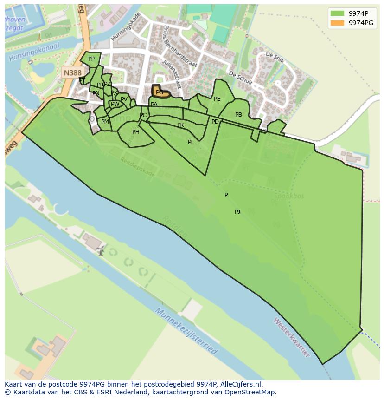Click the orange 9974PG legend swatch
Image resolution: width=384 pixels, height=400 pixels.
pyautogui.click(x=338, y=23)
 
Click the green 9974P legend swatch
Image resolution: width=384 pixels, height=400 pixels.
pyautogui.click(x=338, y=13)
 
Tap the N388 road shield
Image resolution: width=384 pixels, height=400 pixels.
pyautogui.click(x=72, y=72)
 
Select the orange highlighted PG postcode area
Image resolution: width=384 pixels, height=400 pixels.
pyautogui.click(x=160, y=92)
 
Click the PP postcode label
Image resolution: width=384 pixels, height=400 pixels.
pyautogui.click(x=91, y=59)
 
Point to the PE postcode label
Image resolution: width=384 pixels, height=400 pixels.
pyautogui.click(x=217, y=99)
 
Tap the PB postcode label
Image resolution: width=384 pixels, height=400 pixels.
pyautogui.click(x=238, y=115)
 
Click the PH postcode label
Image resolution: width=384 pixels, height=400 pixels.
pyautogui.click(x=136, y=132)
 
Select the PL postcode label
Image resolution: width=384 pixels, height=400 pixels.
pyautogui.click(x=191, y=142)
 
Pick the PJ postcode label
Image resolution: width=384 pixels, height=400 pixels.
pyautogui.click(x=237, y=211)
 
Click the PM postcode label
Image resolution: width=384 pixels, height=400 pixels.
pyautogui.click(x=105, y=122)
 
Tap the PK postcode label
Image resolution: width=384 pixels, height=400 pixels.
pyautogui.click(x=180, y=125)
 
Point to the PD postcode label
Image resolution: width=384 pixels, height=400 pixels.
pyautogui.click(x=215, y=122)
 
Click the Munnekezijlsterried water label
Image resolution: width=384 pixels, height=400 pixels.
pyautogui.click(x=186, y=331)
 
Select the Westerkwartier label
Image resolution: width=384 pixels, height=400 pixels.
pyautogui.click(x=291, y=337)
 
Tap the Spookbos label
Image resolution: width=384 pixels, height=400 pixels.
pyautogui.click(x=288, y=196)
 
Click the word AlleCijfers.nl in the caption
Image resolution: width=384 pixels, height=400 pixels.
pyautogui.click(x=241, y=384)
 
